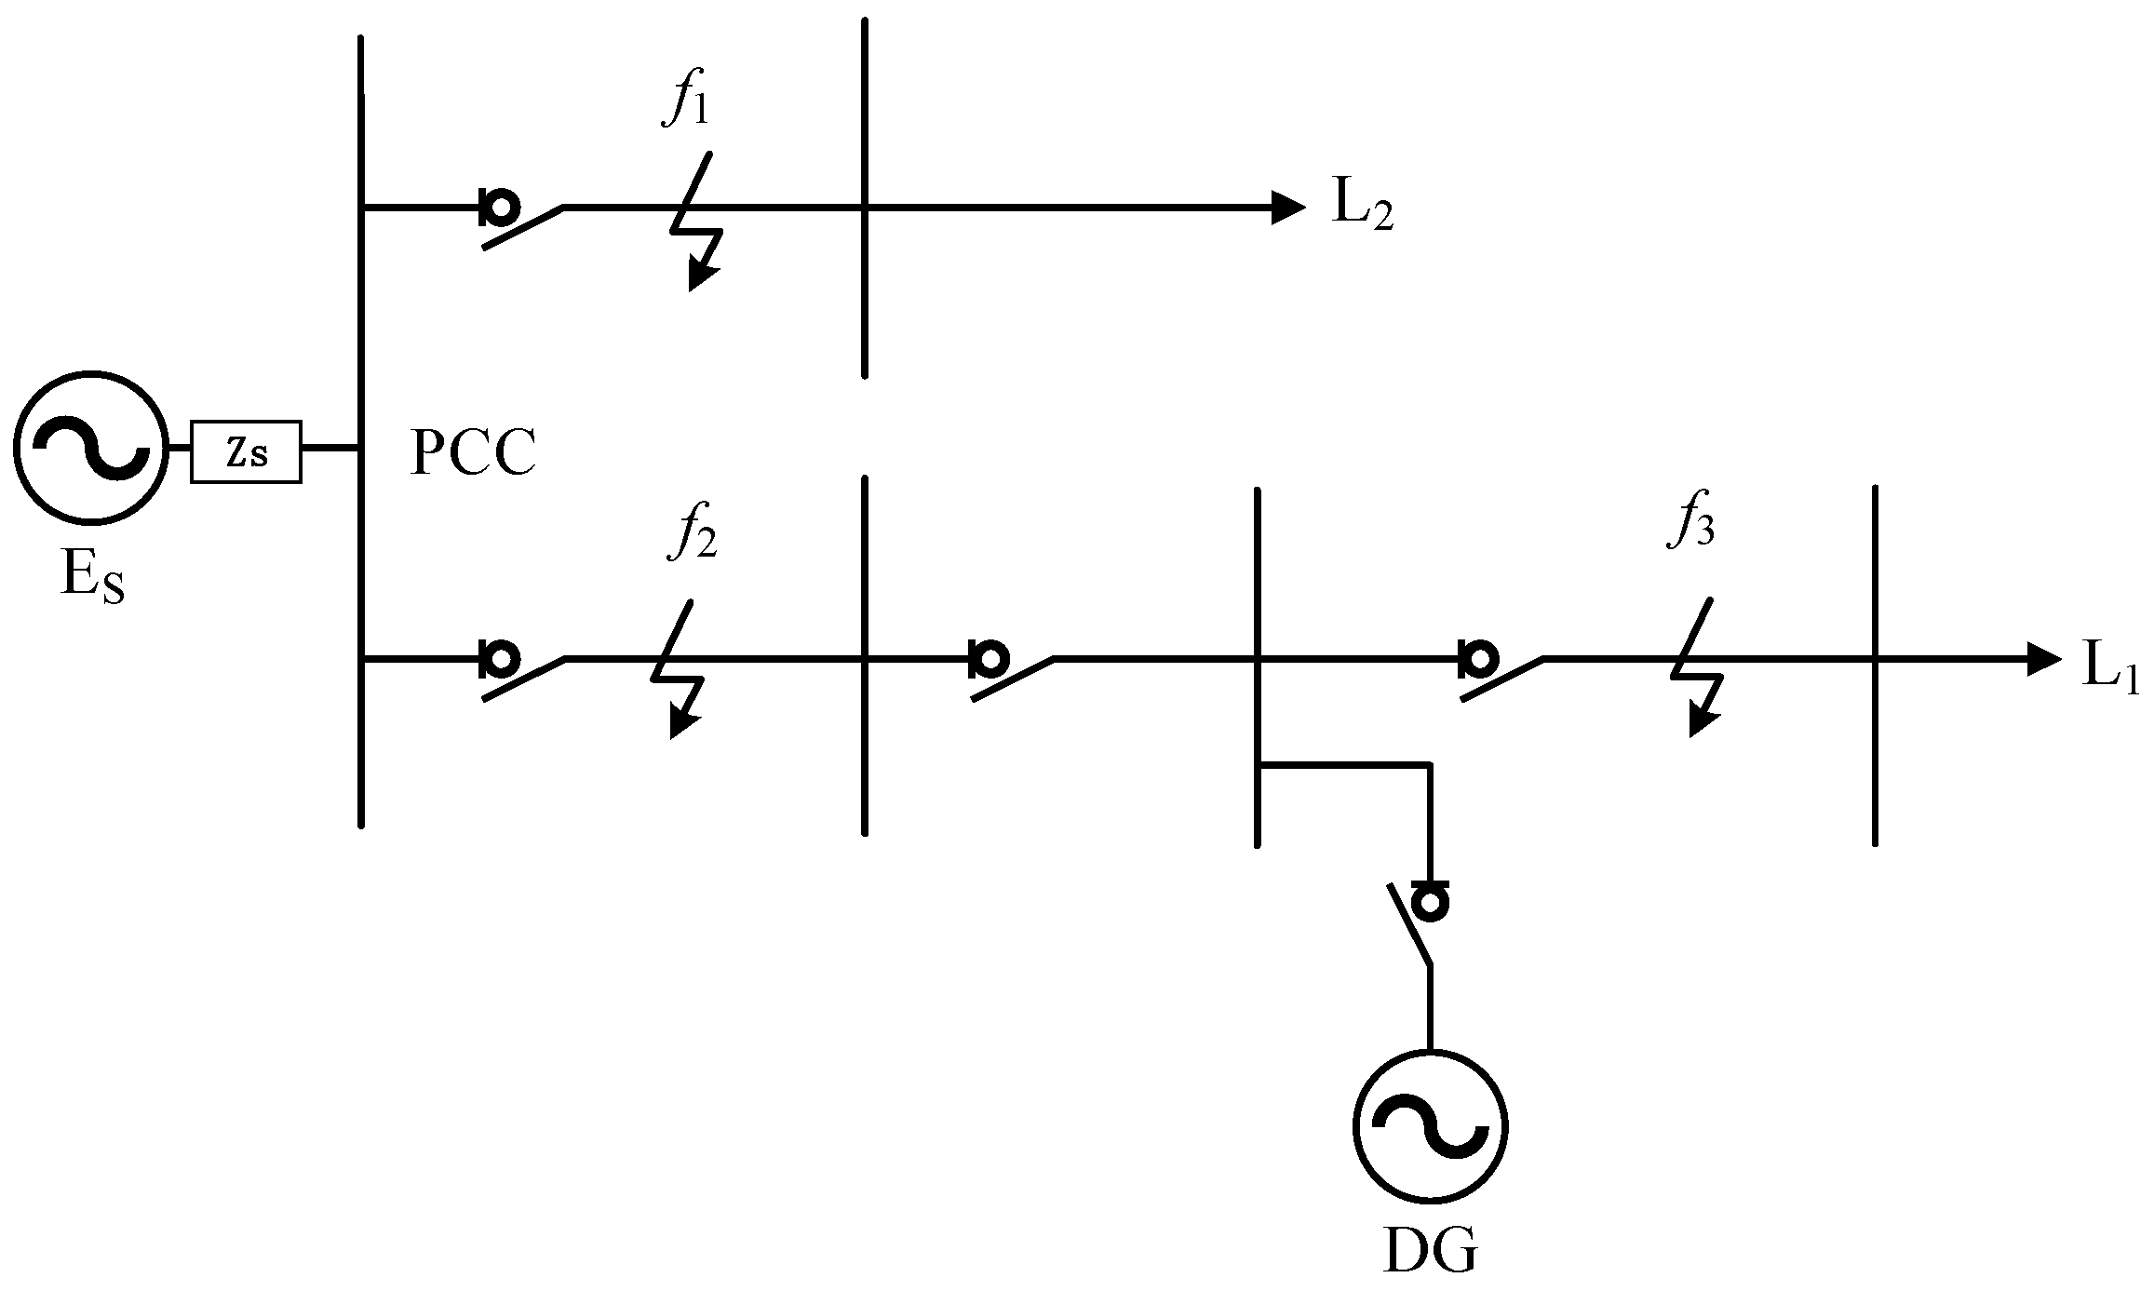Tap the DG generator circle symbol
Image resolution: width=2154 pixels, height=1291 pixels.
pyautogui.click(x=1429, y=1127)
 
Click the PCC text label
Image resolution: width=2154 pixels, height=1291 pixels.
pyautogui.click(x=473, y=454)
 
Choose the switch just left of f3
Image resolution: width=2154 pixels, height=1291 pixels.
pyautogui.click(x=1500, y=672)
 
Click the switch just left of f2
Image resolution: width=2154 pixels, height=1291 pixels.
pyautogui.click(x=521, y=672)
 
